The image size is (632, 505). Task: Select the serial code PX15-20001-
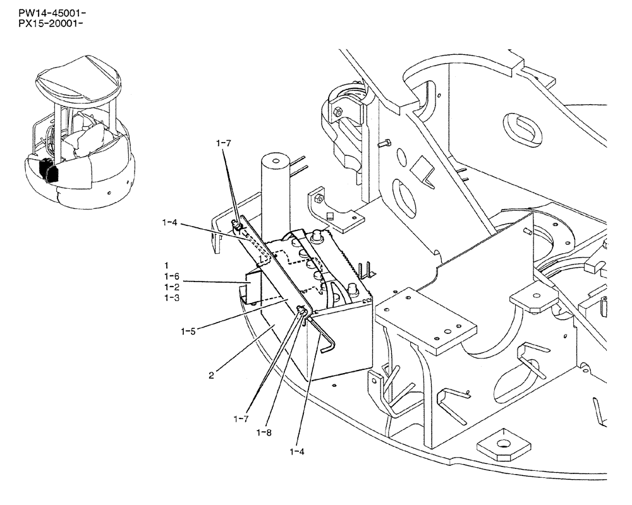tap(43, 24)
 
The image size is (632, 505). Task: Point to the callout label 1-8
tap(265, 432)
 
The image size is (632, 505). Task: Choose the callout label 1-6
tap(171, 276)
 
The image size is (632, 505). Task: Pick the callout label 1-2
tap(171, 287)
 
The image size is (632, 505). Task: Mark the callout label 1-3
tap(171, 298)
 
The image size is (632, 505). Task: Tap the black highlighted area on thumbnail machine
tap(49, 170)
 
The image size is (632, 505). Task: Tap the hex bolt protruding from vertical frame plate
tap(382, 145)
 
